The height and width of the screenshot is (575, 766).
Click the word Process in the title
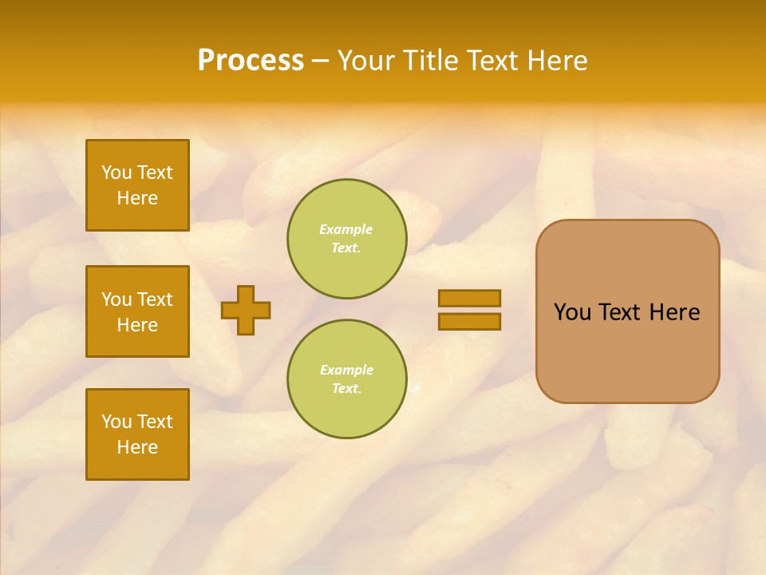(x=251, y=61)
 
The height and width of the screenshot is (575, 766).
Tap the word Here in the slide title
(x=557, y=61)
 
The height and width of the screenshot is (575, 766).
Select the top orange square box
(x=137, y=185)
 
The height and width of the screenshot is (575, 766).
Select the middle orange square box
(x=137, y=311)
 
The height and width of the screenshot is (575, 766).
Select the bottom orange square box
(x=137, y=434)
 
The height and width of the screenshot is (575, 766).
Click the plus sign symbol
(x=246, y=310)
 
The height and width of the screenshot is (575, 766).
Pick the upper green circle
(x=347, y=239)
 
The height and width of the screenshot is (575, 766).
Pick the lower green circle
(x=347, y=379)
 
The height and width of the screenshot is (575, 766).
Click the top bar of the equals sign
(x=469, y=298)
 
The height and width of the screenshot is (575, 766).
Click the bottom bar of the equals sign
(x=469, y=321)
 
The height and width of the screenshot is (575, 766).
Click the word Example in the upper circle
(x=345, y=229)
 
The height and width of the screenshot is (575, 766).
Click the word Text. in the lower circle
(x=346, y=388)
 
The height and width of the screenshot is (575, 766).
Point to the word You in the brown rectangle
(x=572, y=312)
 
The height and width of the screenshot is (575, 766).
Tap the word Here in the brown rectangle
(x=674, y=312)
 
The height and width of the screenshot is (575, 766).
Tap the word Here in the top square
(x=137, y=198)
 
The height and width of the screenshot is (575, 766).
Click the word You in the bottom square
(x=116, y=422)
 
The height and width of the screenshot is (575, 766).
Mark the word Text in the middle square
(x=154, y=299)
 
